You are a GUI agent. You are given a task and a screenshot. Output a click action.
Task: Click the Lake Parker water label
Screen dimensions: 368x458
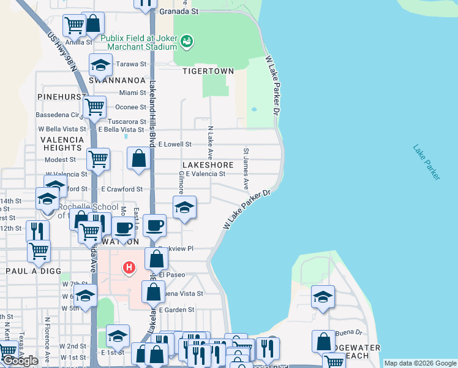click(x=426, y=162)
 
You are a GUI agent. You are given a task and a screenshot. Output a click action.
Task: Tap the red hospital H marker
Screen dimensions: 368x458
click(x=129, y=267)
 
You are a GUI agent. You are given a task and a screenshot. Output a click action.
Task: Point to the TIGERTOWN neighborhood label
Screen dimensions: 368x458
click(x=208, y=71)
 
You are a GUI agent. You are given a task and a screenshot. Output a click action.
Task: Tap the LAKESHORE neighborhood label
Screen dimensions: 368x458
click(x=208, y=166)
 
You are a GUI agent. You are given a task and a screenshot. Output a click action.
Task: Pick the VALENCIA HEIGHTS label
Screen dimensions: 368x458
click(x=61, y=144)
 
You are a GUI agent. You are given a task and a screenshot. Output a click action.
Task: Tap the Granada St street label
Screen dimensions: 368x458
click(x=179, y=11)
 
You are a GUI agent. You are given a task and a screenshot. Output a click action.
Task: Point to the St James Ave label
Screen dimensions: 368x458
click(x=246, y=168)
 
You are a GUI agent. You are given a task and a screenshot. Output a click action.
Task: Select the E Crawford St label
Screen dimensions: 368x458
click(x=122, y=189)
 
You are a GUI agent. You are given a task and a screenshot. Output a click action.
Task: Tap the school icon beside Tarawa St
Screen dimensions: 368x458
click(x=100, y=64)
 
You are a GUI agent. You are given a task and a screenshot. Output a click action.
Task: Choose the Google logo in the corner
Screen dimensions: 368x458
click(x=20, y=361)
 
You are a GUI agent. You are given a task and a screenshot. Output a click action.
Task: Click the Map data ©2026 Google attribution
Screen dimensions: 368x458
click(x=420, y=363)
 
